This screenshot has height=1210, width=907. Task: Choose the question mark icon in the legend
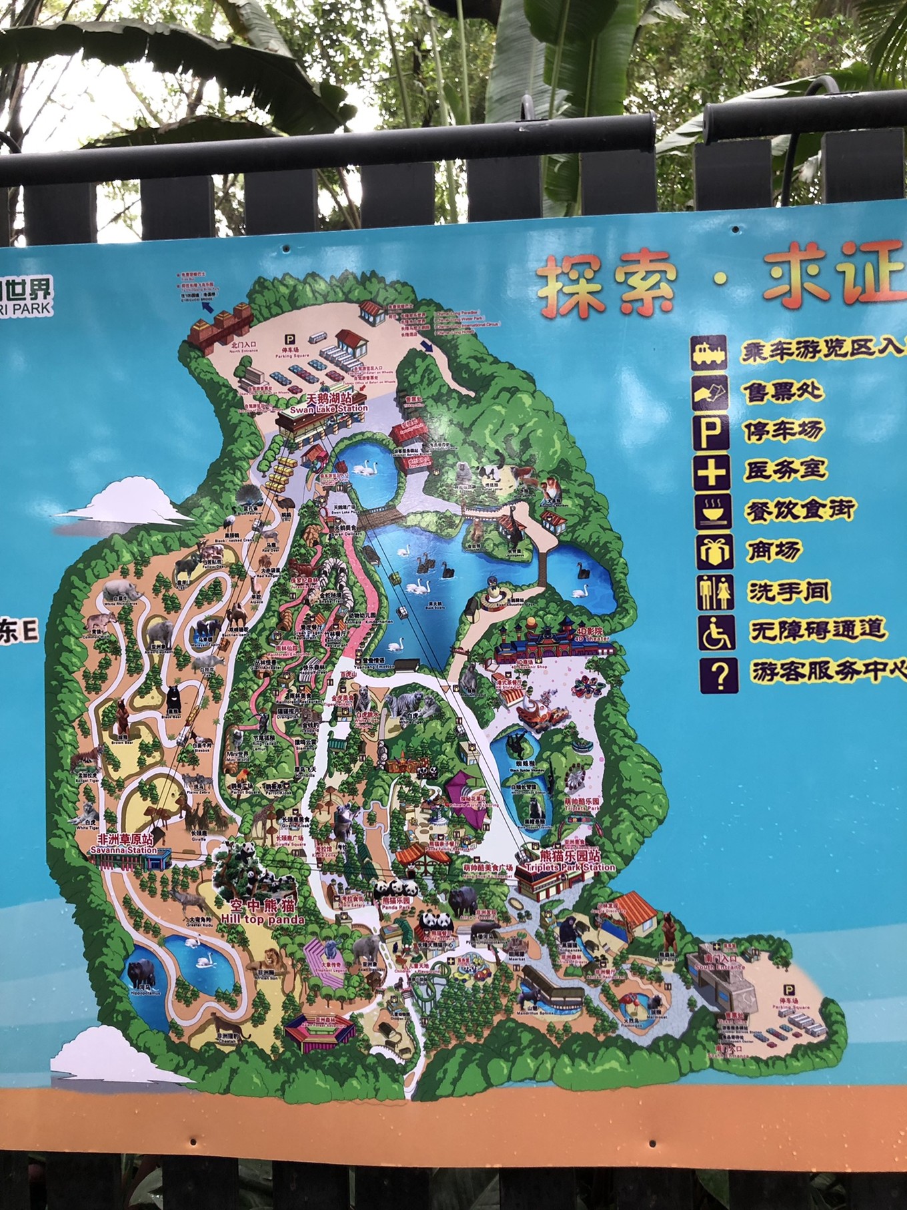(x=718, y=674)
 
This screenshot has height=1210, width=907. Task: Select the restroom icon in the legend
(x=716, y=592)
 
